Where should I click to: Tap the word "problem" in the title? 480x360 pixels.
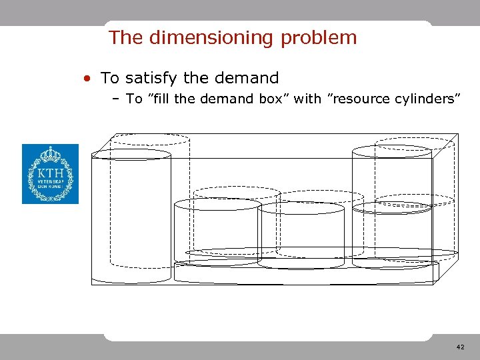[x=319, y=37]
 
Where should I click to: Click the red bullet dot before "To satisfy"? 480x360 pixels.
[x=87, y=79]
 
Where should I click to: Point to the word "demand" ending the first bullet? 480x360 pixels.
[x=247, y=78]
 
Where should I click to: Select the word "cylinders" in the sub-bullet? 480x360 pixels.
[x=429, y=99]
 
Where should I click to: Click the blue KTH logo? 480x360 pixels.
[x=50, y=174]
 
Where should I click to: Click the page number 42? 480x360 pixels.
[x=461, y=347]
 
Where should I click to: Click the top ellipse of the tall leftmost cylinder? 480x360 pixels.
[x=131, y=154]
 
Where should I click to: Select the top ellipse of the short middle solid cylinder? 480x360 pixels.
[x=301, y=207]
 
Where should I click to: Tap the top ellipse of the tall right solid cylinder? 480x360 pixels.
[x=392, y=151]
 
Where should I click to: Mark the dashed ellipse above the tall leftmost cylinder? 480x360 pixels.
[x=149, y=139]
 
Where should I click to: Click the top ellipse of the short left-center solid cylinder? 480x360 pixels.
[x=217, y=204]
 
